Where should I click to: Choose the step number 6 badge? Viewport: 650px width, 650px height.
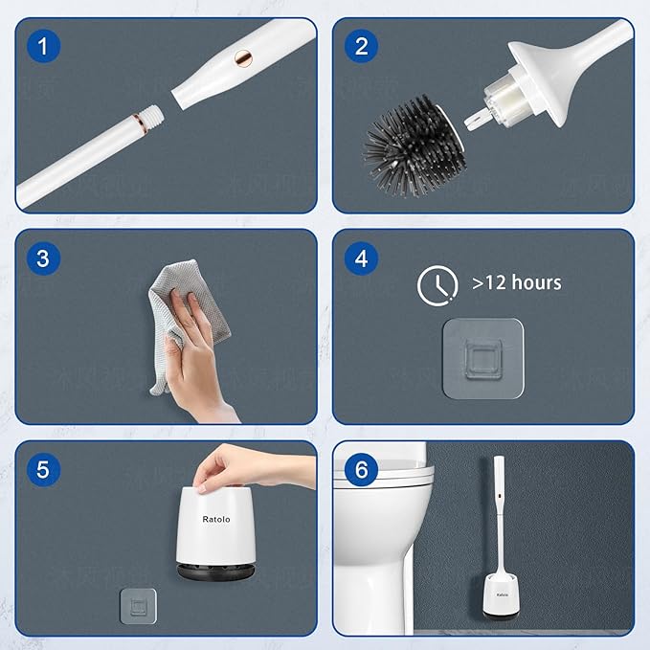coord(361,469)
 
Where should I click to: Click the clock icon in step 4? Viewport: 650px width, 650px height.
coord(436,284)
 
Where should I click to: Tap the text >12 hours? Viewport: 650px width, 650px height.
coord(516,283)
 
